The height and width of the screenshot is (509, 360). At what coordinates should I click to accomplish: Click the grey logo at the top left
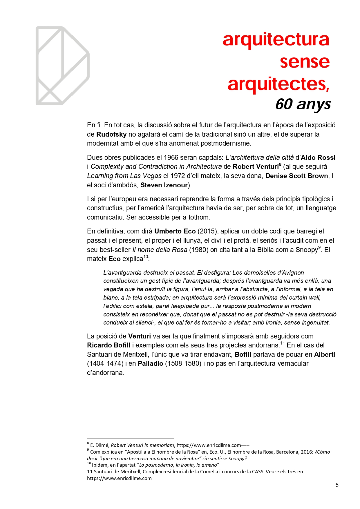[62, 66]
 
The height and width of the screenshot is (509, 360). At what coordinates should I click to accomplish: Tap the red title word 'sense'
[305, 61]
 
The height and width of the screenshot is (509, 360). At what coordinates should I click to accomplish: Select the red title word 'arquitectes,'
[278, 84]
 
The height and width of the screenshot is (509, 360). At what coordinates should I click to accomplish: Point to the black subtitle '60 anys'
[303, 104]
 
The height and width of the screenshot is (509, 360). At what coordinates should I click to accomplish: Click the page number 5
[337, 485]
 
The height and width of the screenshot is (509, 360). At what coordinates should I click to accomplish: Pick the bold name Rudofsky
[111, 134]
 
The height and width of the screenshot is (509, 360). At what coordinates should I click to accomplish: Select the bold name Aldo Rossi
[318, 157]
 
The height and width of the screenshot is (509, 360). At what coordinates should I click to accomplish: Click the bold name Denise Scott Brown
[296, 176]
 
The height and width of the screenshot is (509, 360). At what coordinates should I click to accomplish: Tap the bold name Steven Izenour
[164, 185]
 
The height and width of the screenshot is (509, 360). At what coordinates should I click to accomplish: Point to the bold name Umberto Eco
[175, 231]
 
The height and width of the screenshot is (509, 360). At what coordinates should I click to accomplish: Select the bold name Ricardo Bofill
[108, 345]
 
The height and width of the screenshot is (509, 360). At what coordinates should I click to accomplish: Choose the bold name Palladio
[150, 363]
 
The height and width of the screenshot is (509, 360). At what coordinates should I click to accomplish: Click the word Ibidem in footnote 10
[100, 465]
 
